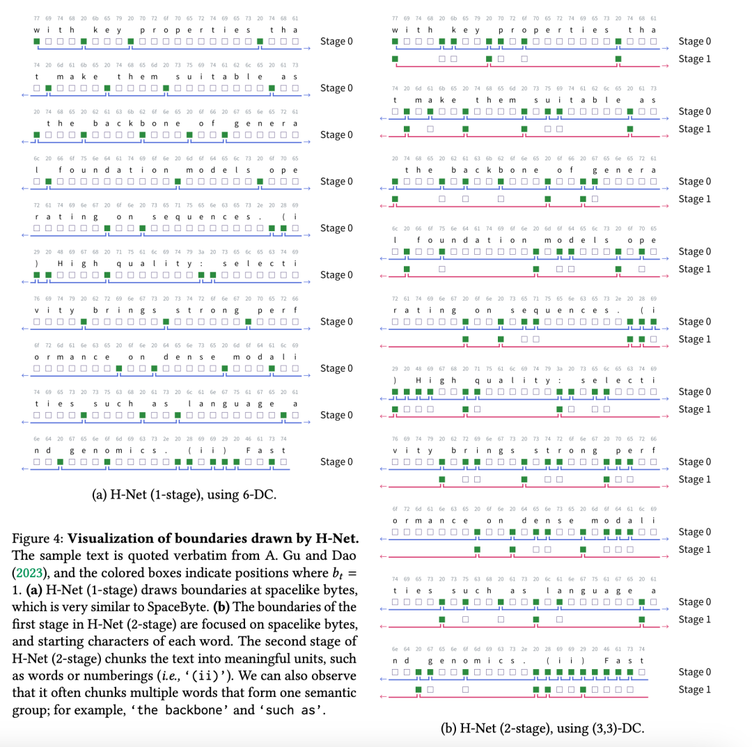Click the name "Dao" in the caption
coord(343,555)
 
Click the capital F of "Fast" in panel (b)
coord(606,659)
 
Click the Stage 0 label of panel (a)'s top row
coord(336,42)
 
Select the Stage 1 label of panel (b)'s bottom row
coord(695,689)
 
